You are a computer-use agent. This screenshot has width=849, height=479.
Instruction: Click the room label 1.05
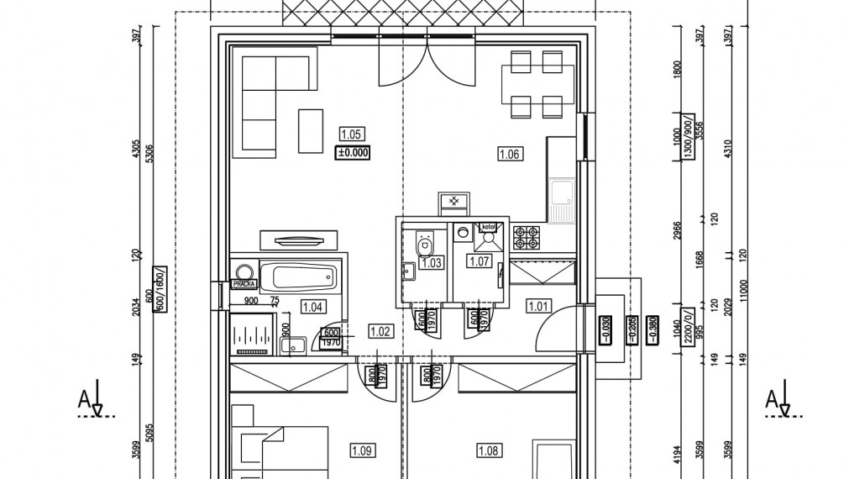click(x=351, y=134)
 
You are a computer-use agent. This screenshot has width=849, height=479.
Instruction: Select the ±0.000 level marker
click(x=353, y=153)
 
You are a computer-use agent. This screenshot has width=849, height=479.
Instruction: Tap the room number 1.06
click(x=510, y=154)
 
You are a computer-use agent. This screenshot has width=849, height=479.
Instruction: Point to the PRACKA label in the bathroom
click(x=245, y=285)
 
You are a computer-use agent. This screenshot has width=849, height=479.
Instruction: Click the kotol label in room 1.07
click(x=488, y=227)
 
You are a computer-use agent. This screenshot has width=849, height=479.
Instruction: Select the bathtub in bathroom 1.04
click(x=299, y=275)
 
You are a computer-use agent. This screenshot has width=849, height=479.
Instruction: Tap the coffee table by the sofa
click(x=311, y=131)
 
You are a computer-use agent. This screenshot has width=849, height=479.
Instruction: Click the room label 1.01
click(x=538, y=306)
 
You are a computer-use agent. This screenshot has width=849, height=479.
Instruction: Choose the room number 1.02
click(x=380, y=331)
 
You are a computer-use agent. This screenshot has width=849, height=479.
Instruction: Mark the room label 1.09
click(x=362, y=451)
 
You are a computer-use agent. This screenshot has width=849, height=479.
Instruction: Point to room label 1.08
click(x=489, y=451)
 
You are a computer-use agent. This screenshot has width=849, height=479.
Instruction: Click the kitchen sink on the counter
click(x=562, y=194)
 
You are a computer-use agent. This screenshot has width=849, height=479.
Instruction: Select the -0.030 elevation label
click(x=605, y=327)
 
